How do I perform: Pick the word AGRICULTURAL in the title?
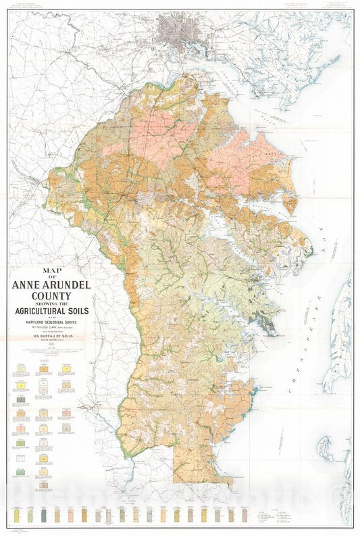38,311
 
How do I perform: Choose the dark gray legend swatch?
21,400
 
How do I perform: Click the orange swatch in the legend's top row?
45,369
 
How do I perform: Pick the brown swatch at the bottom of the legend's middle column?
45,485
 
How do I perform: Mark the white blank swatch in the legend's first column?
21,458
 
